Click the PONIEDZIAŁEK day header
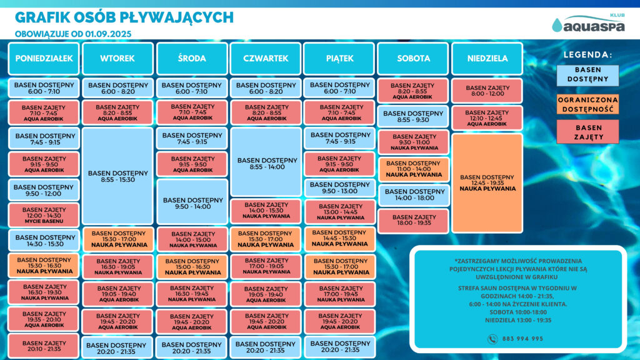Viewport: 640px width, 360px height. [44, 58]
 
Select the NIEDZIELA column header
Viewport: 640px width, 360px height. [487, 58]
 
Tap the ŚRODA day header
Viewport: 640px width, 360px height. [192, 58]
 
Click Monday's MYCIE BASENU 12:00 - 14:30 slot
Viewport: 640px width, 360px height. [44, 215]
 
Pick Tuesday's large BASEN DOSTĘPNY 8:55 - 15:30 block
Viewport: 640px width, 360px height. [117, 176]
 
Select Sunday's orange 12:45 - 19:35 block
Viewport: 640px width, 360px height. [487, 183]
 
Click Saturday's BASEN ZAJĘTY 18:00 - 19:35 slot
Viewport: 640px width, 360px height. [414, 221]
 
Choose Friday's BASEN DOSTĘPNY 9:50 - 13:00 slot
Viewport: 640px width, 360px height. [339, 187]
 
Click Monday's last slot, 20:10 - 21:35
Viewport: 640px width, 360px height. [44, 346]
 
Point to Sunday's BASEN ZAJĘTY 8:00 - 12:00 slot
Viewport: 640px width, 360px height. [487, 91]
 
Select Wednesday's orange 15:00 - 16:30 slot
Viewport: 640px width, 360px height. [192, 266]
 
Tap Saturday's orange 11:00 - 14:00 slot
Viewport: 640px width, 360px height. [414, 169]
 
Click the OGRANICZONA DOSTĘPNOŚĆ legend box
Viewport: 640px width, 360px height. [587, 104]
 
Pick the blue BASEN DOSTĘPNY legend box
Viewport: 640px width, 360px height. [587, 75]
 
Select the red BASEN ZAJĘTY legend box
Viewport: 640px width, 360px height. [587, 132]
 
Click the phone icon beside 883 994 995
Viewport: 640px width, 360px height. [492, 339]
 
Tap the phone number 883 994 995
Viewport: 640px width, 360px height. [522, 339]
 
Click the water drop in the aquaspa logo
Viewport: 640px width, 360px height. [557, 25]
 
